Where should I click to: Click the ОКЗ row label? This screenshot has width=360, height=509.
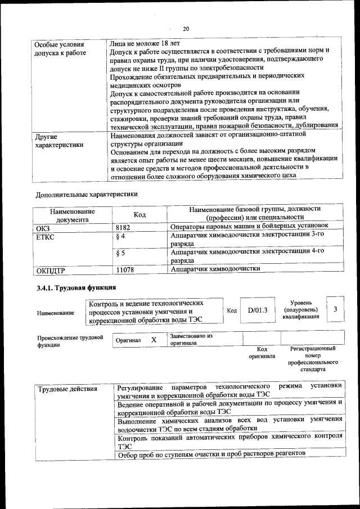click(x=43, y=227)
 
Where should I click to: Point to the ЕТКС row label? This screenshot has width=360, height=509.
click(x=45, y=237)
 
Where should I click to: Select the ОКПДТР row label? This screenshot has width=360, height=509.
click(x=51, y=271)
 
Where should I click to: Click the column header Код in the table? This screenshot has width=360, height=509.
click(x=139, y=215)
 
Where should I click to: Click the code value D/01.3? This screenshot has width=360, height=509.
click(x=257, y=310)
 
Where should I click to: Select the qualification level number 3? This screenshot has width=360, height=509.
click(x=335, y=309)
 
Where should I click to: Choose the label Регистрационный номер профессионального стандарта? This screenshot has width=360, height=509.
click(x=313, y=359)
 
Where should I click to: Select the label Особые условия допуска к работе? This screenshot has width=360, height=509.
click(x=60, y=48)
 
